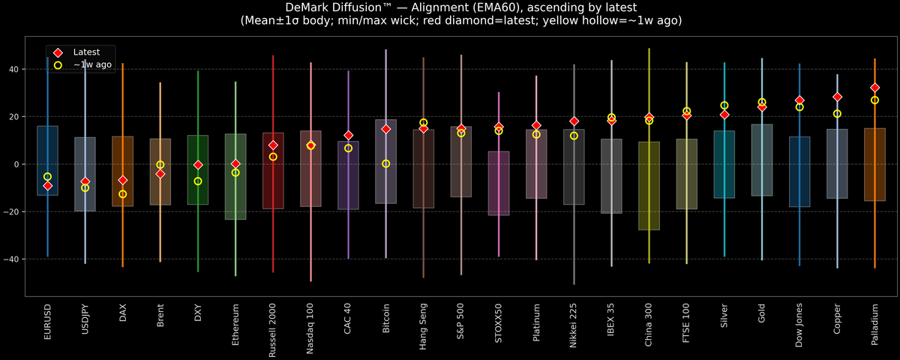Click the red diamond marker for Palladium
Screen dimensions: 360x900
coord(874,88)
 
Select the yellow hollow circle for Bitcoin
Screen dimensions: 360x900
coord(385,163)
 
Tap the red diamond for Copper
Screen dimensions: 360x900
coord(837,97)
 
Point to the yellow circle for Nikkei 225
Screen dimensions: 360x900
coord(574,136)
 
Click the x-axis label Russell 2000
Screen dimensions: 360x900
coord(273,331)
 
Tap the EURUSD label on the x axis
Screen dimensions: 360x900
coord(47,322)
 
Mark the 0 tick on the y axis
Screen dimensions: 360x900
coord(18,164)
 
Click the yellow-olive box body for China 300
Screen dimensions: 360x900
coord(649,187)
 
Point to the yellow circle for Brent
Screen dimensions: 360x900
coord(160,164)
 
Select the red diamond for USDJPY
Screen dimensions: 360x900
coord(85,181)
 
